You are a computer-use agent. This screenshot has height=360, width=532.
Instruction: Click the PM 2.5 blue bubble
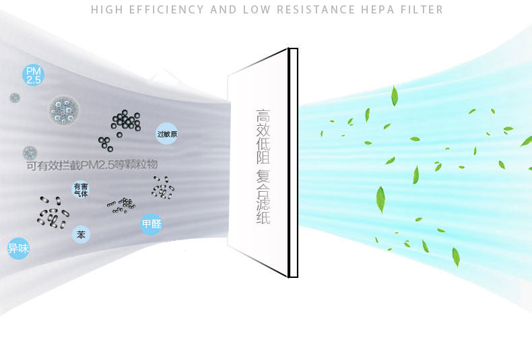(33, 75)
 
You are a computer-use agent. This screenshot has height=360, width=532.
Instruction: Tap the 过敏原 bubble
(166, 134)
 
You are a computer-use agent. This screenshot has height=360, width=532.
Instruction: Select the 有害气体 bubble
(81, 189)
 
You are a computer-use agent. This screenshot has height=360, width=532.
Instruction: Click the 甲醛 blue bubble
(152, 224)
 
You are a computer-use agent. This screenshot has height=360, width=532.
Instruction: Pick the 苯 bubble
(81, 235)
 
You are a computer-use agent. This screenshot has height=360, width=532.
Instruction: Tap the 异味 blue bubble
(18, 249)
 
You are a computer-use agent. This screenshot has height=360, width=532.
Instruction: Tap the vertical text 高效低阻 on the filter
(263, 138)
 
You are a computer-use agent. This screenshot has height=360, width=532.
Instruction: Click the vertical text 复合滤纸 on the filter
(263, 196)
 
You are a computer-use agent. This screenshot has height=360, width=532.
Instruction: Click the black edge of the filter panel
(293, 161)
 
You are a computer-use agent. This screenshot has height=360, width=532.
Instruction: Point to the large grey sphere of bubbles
(64, 110)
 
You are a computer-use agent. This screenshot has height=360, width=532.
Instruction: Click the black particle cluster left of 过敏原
(125, 122)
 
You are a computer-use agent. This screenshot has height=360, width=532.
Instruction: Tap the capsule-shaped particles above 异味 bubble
(53, 212)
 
